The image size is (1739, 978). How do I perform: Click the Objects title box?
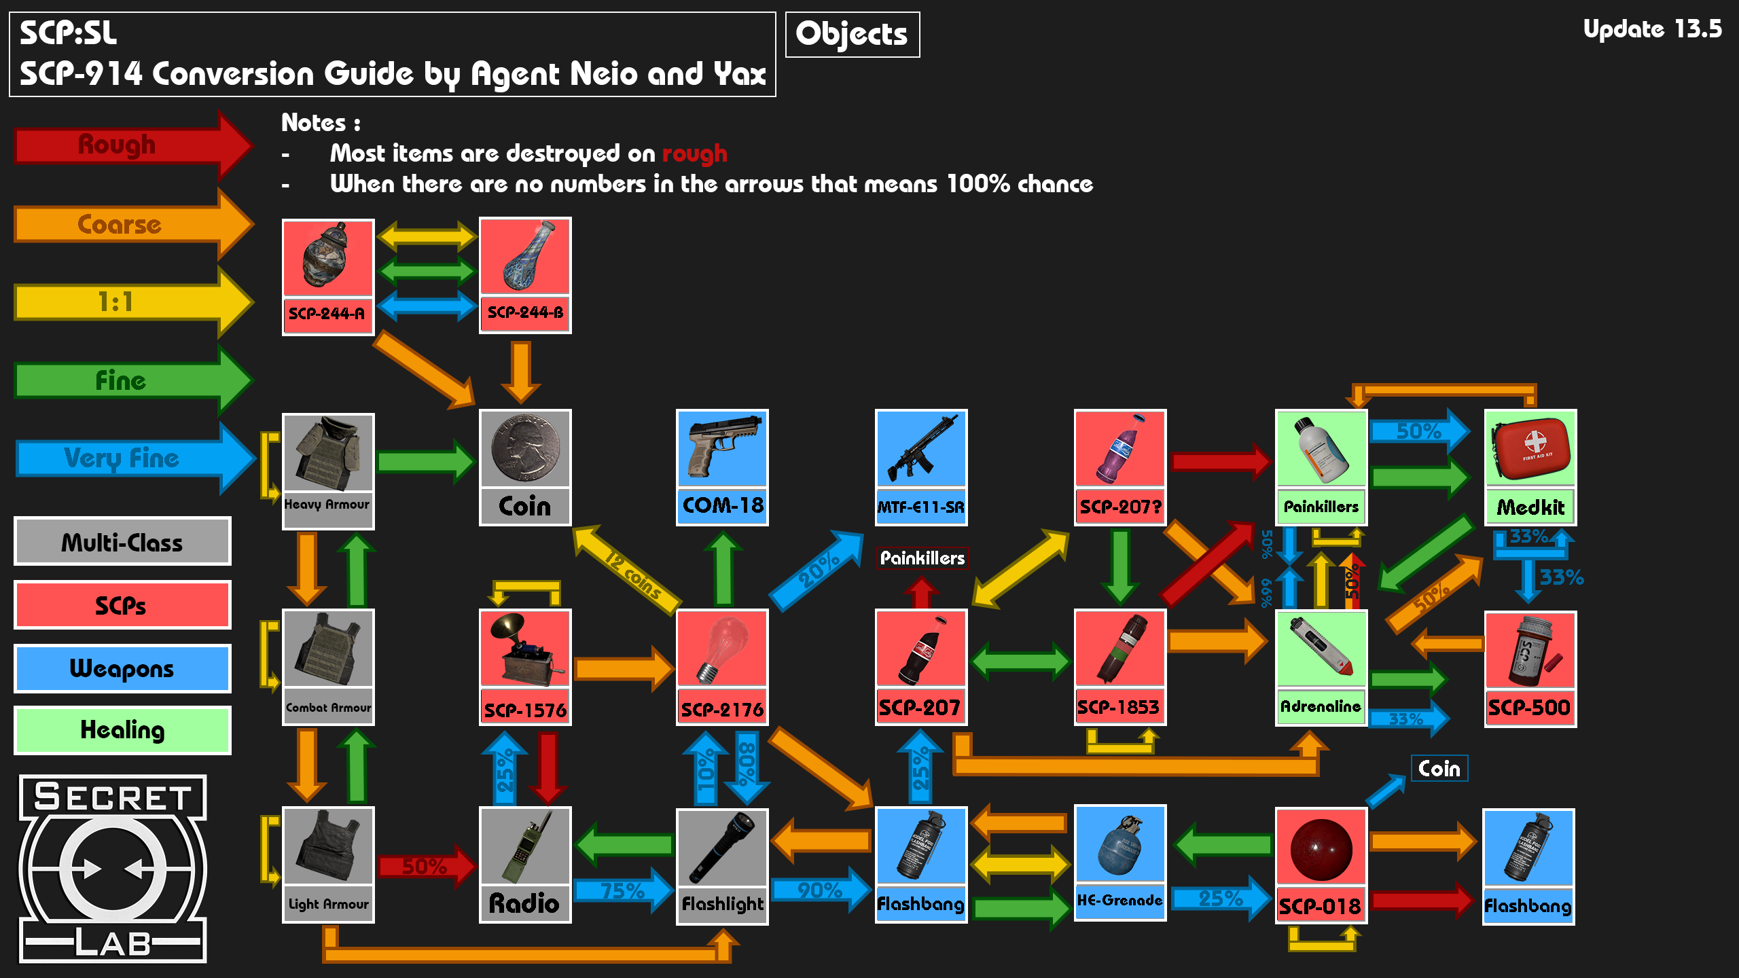coord(852,34)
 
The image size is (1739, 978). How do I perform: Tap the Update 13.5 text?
coord(1652,29)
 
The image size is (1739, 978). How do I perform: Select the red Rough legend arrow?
coord(129,145)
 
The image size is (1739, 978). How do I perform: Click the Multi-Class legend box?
coord(122,542)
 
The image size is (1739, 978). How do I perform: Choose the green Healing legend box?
coord(122,730)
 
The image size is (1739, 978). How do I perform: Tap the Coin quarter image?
coord(524,448)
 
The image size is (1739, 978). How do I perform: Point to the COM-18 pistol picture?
coord(721,448)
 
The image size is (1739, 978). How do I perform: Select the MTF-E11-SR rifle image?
coord(920,448)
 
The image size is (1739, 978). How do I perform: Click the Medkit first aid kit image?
coord(1530,448)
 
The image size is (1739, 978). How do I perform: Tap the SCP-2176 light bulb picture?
coord(721,649)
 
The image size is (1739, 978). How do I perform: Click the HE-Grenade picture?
coord(1119,845)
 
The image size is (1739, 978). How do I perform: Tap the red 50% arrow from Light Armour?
coord(425,866)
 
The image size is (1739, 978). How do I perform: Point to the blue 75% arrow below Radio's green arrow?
coord(622,890)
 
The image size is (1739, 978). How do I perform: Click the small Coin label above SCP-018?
coord(1439,769)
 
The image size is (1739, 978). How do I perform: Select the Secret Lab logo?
coord(113,869)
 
